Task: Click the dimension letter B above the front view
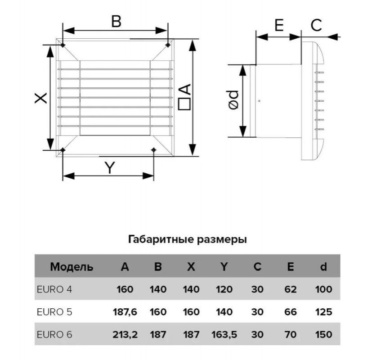[x=116, y=21]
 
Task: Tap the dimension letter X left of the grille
[x=41, y=98]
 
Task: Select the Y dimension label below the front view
[x=110, y=167]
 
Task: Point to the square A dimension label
[x=184, y=97]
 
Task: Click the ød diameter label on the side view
[x=233, y=100]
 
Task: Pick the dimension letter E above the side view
[x=279, y=25]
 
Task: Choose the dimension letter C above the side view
[x=316, y=25]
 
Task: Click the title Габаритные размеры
[x=188, y=239]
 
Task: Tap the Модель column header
[x=72, y=267]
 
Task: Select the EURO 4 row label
[x=54, y=289]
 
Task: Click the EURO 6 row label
[x=54, y=335]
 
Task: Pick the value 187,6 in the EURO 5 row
[x=125, y=312]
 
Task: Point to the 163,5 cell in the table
[x=224, y=335]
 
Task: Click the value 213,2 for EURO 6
[x=125, y=335]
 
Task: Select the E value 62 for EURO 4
[x=291, y=289]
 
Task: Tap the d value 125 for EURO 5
[x=323, y=312]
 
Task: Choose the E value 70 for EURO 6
[x=291, y=335]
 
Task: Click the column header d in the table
[x=323, y=267]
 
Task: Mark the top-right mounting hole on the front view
[x=168, y=45]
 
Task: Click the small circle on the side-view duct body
[x=259, y=101]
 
